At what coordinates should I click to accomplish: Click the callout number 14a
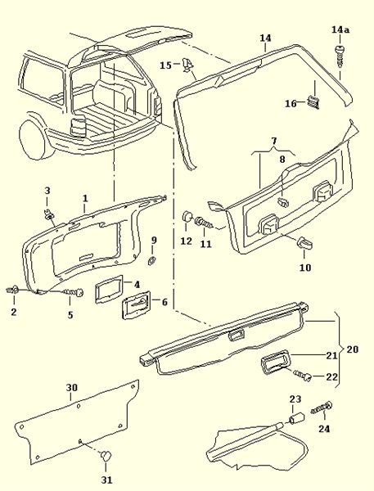click(x=340, y=29)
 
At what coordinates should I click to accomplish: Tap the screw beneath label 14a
click(x=340, y=56)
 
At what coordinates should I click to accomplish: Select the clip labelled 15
click(x=187, y=65)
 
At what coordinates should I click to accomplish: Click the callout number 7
click(x=274, y=140)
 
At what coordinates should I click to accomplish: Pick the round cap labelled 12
click(x=187, y=216)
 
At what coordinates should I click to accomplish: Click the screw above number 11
click(x=205, y=223)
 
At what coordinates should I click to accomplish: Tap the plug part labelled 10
click(x=304, y=243)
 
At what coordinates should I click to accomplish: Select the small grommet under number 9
click(x=152, y=260)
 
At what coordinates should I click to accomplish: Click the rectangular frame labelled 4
click(x=108, y=290)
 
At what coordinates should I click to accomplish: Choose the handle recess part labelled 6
click(x=137, y=305)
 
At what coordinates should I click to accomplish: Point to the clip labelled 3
click(x=48, y=214)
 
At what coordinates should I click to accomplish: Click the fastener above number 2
click(x=13, y=290)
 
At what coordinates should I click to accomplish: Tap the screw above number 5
click(x=74, y=292)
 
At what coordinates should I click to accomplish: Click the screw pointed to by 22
click(x=302, y=375)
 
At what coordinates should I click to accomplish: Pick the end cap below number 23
click(x=296, y=417)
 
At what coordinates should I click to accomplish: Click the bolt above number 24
click(x=322, y=408)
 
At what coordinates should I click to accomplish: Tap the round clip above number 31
click(x=106, y=455)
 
